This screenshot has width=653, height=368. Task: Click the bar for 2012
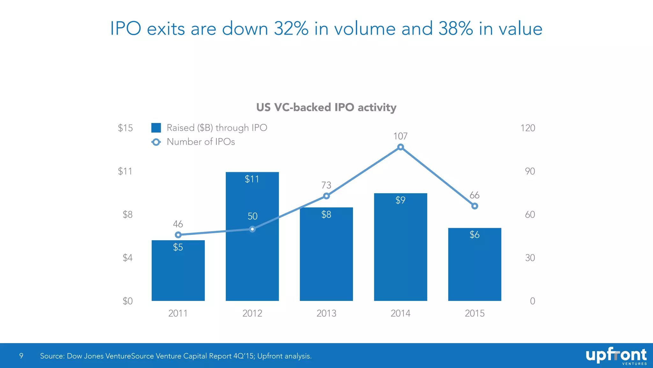(x=252, y=256)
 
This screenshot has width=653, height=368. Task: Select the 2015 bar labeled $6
(x=474, y=268)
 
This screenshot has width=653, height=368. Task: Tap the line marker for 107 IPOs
(x=400, y=147)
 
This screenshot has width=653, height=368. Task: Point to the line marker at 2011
(x=178, y=235)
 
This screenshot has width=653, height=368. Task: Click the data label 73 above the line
(x=326, y=185)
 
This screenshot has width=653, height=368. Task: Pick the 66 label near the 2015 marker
(x=474, y=195)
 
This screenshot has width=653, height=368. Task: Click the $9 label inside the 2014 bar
(x=400, y=200)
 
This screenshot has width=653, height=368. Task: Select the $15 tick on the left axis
(x=125, y=128)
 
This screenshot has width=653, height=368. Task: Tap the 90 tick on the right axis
(x=530, y=172)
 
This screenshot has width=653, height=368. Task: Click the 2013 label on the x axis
(x=326, y=313)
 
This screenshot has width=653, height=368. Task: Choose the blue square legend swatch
(x=156, y=128)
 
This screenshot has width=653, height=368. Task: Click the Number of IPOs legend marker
(x=156, y=142)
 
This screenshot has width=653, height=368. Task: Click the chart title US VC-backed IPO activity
(x=326, y=107)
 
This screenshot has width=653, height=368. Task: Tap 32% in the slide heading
(x=291, y=29)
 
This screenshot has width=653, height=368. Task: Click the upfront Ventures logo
(x=616, y=356)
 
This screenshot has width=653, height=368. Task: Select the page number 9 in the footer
(x=21, y=356)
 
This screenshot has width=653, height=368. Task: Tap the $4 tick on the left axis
(x=128, y=258)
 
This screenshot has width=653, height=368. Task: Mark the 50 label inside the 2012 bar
(x=253, y=216)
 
